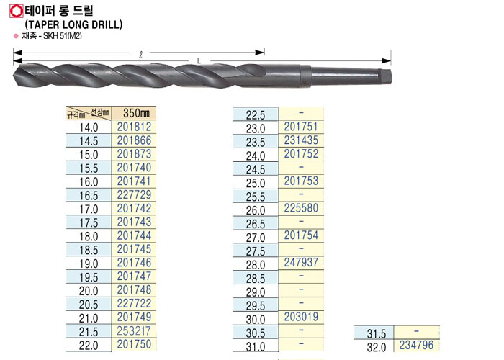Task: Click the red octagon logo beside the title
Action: coord(17,12)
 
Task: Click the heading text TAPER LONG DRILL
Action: coord(73,24)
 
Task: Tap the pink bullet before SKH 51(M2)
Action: coord(16,36)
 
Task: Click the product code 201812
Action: coord(134,127)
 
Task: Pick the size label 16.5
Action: coord(89,196)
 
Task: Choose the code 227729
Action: coord(134,195)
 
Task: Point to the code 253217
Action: coord(134,330)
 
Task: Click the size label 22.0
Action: coord(89,346)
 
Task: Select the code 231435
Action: coord(301,140)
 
